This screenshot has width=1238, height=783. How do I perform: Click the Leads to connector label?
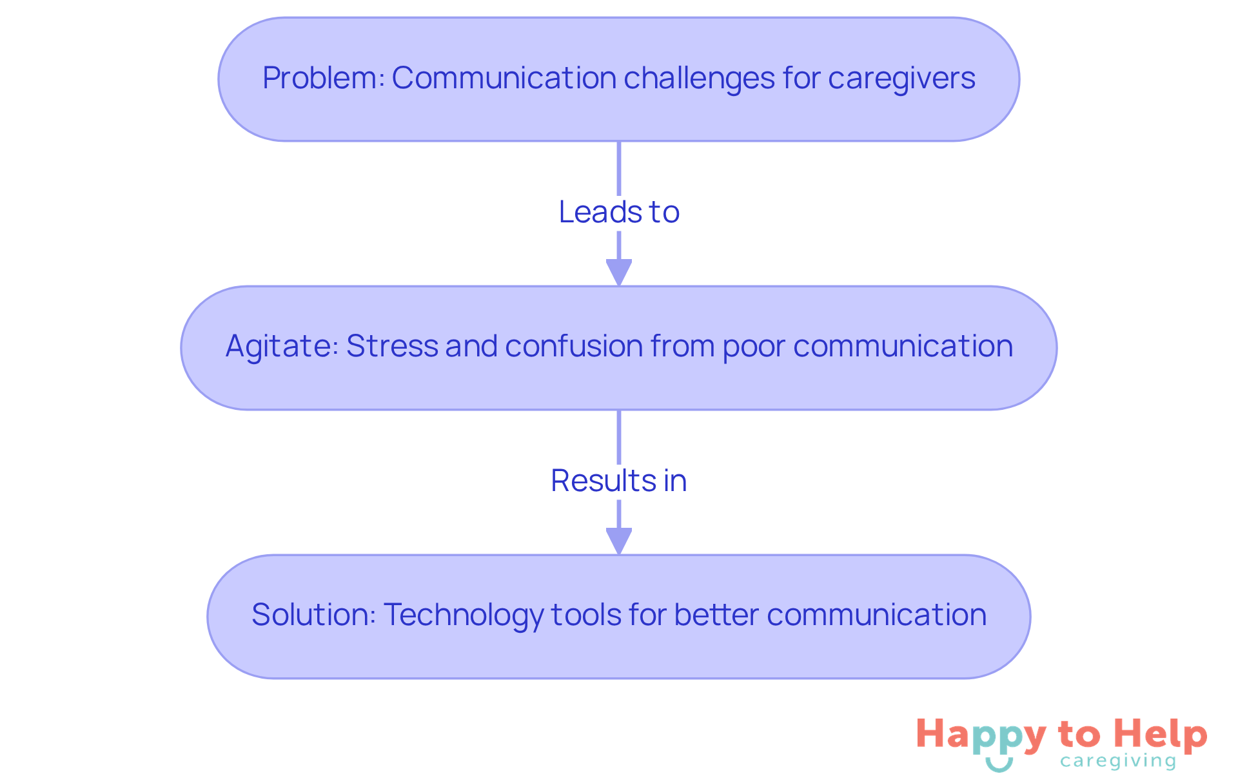coord(619,212)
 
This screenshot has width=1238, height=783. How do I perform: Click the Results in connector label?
coord(619,481)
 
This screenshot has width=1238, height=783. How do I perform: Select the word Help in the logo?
coord(1160,735)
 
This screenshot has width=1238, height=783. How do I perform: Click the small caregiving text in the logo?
coord(1117,762)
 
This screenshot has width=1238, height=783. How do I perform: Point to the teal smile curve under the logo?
coord(999,765)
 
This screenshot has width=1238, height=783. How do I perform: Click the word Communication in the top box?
coord(504,78)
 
